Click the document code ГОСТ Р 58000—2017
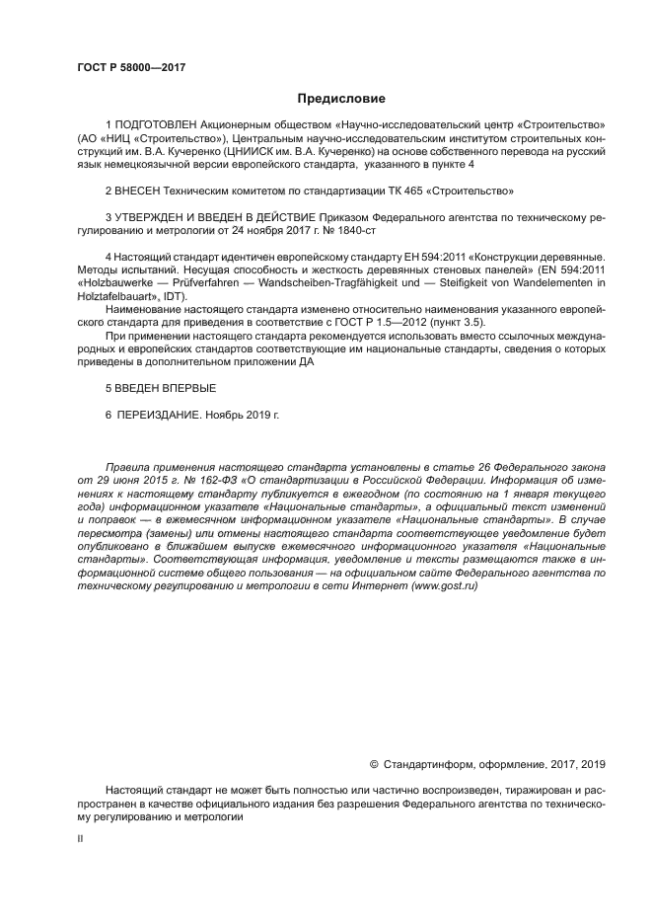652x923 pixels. (x=131, y=67)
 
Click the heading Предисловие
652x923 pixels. (x=341, y=99)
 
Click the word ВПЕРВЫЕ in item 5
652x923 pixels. (x=181, y=389)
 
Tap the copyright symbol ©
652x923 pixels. (x=374, y=763)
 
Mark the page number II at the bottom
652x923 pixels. (x=80, y=838)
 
